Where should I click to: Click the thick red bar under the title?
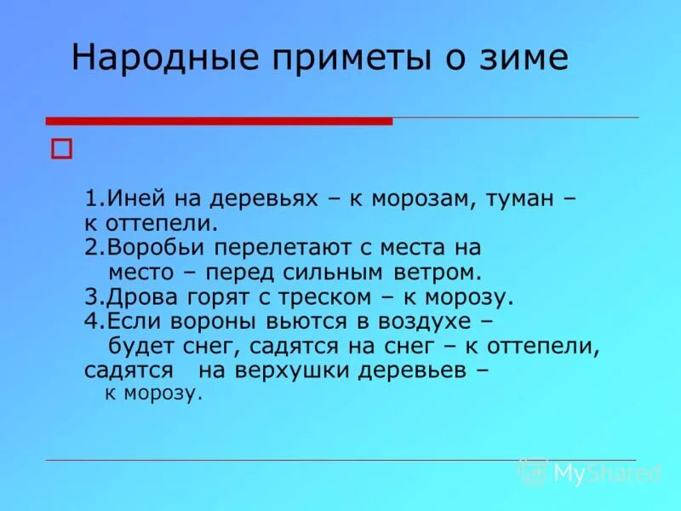219,121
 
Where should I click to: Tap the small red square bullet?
61,148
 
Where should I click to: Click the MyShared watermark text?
606,473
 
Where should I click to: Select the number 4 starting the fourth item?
89,322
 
